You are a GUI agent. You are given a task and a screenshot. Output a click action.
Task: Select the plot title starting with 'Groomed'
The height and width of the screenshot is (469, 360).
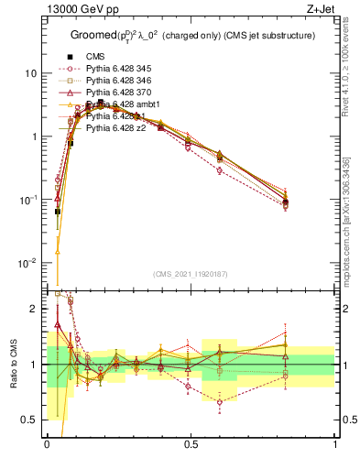tap(191, 35)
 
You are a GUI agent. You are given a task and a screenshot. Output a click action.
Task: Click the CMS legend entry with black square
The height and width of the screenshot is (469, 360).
tap(96, 57)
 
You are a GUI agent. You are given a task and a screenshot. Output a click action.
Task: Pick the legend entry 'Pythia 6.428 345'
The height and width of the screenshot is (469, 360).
tap(121, 69)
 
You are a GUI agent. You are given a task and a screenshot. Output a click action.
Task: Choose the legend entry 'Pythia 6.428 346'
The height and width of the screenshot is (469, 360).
tap(121, 81)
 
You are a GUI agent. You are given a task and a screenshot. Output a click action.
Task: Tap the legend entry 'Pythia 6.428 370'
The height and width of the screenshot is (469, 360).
tap(121, 93)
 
